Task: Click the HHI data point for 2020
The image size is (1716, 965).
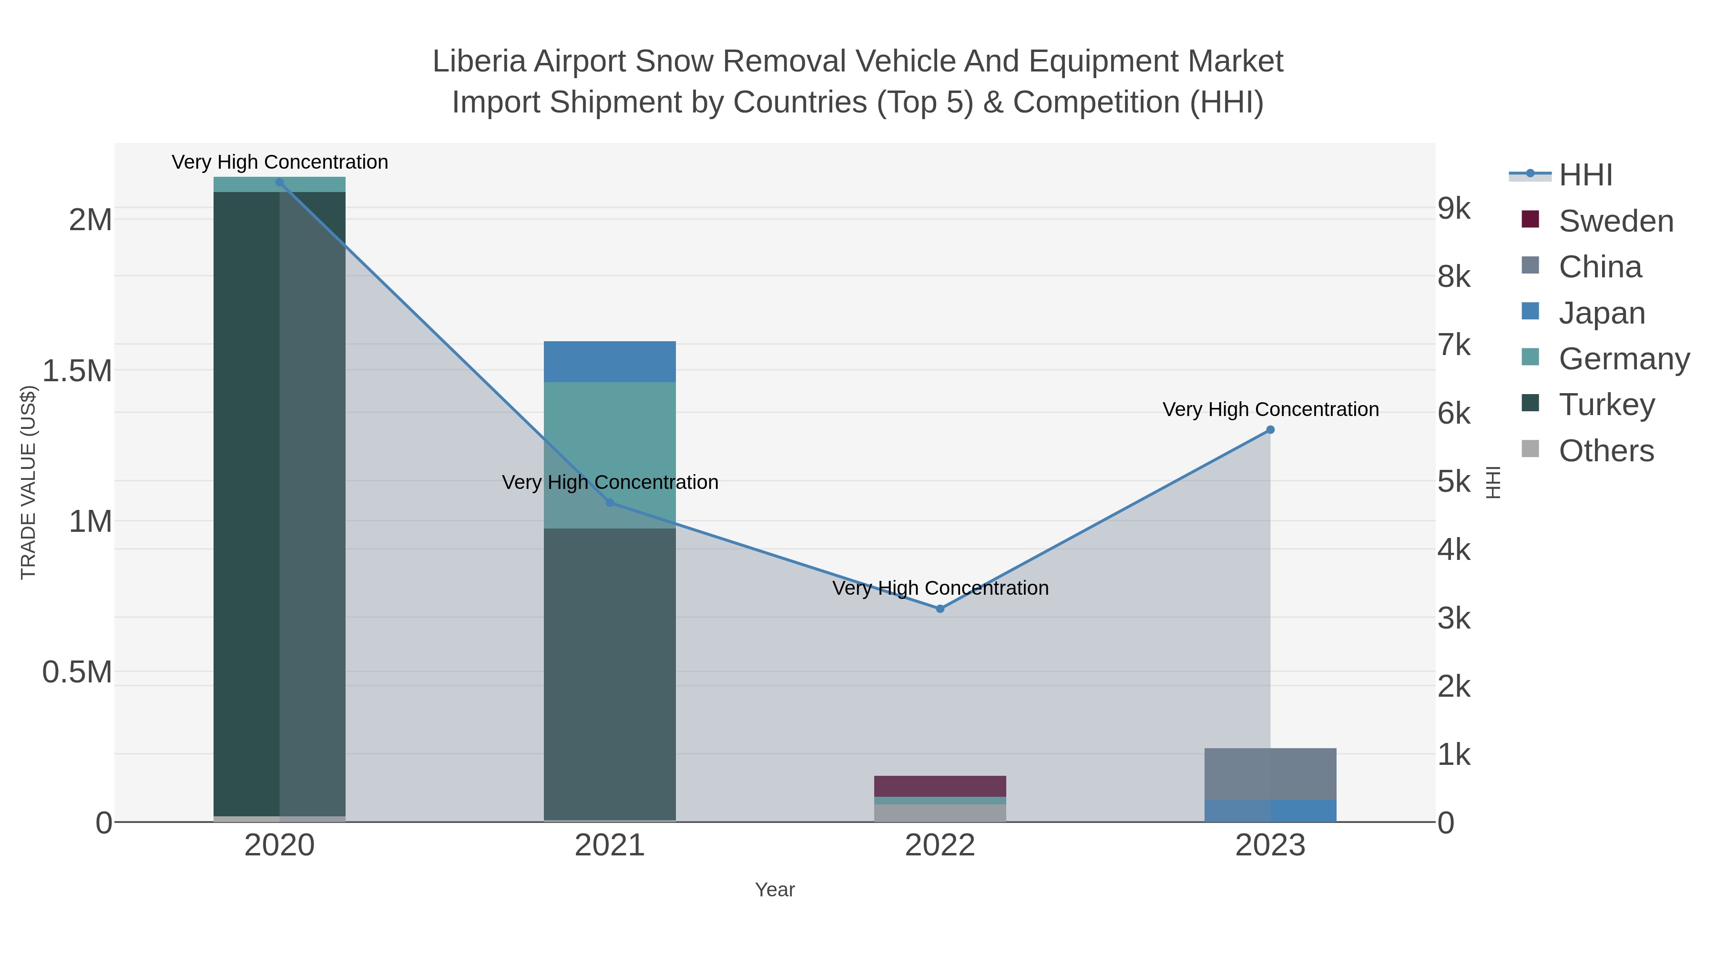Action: tap(279, 183)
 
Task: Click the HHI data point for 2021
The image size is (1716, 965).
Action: tap(610, 503)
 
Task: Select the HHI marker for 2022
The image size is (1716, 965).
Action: tap(940, 609)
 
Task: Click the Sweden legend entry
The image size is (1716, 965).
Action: tap(1615, 221)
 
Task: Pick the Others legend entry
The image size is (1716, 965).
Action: tap(1606, 451)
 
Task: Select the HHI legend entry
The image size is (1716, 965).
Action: tap(1585, 175)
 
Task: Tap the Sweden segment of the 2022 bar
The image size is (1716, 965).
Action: tap(940, 786)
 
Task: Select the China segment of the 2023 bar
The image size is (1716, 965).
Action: tap(1270, 774)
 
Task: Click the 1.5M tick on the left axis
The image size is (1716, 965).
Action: tap(77, 371)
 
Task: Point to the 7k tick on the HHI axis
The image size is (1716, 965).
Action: tap(1454, 345)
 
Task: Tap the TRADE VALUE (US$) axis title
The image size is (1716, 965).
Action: tap(28, 482)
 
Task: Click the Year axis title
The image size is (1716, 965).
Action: tap(775, 890)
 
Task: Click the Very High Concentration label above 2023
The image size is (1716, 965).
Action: tap(1270, 409)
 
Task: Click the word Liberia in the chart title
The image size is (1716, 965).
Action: tap(478, 61)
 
